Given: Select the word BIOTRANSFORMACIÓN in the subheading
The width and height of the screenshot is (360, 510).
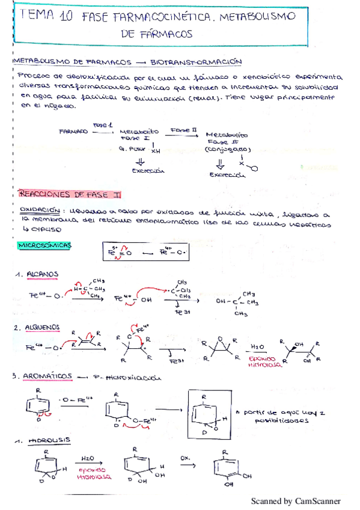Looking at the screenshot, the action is click(197, 61).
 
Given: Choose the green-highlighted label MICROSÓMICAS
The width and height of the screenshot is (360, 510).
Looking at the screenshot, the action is click(45, 245).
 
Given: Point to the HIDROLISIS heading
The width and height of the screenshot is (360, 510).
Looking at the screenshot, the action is click(47, 440).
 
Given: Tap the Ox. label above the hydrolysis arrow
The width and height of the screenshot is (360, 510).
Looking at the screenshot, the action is click(185, 458).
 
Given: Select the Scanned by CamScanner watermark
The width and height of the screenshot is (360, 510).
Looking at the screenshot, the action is click(295, 501).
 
